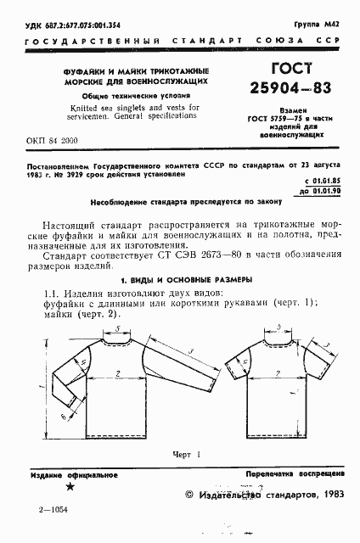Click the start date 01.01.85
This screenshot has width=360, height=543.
[x=327, y=181]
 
